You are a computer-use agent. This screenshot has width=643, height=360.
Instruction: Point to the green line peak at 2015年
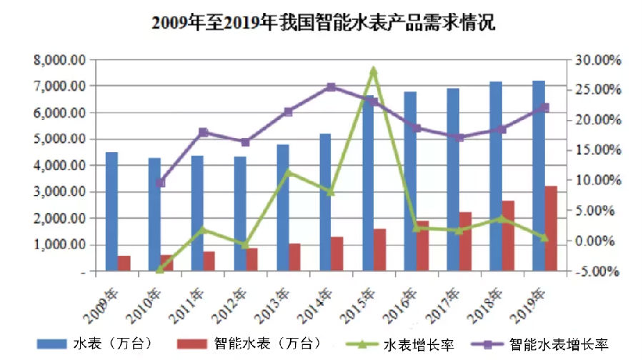click(373, 71)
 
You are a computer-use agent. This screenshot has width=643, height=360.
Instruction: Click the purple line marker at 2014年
click(331, 87)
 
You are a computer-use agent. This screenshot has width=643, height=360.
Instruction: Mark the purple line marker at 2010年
click(161, 183)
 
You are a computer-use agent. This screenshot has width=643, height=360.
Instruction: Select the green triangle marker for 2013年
click(288, 171)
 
